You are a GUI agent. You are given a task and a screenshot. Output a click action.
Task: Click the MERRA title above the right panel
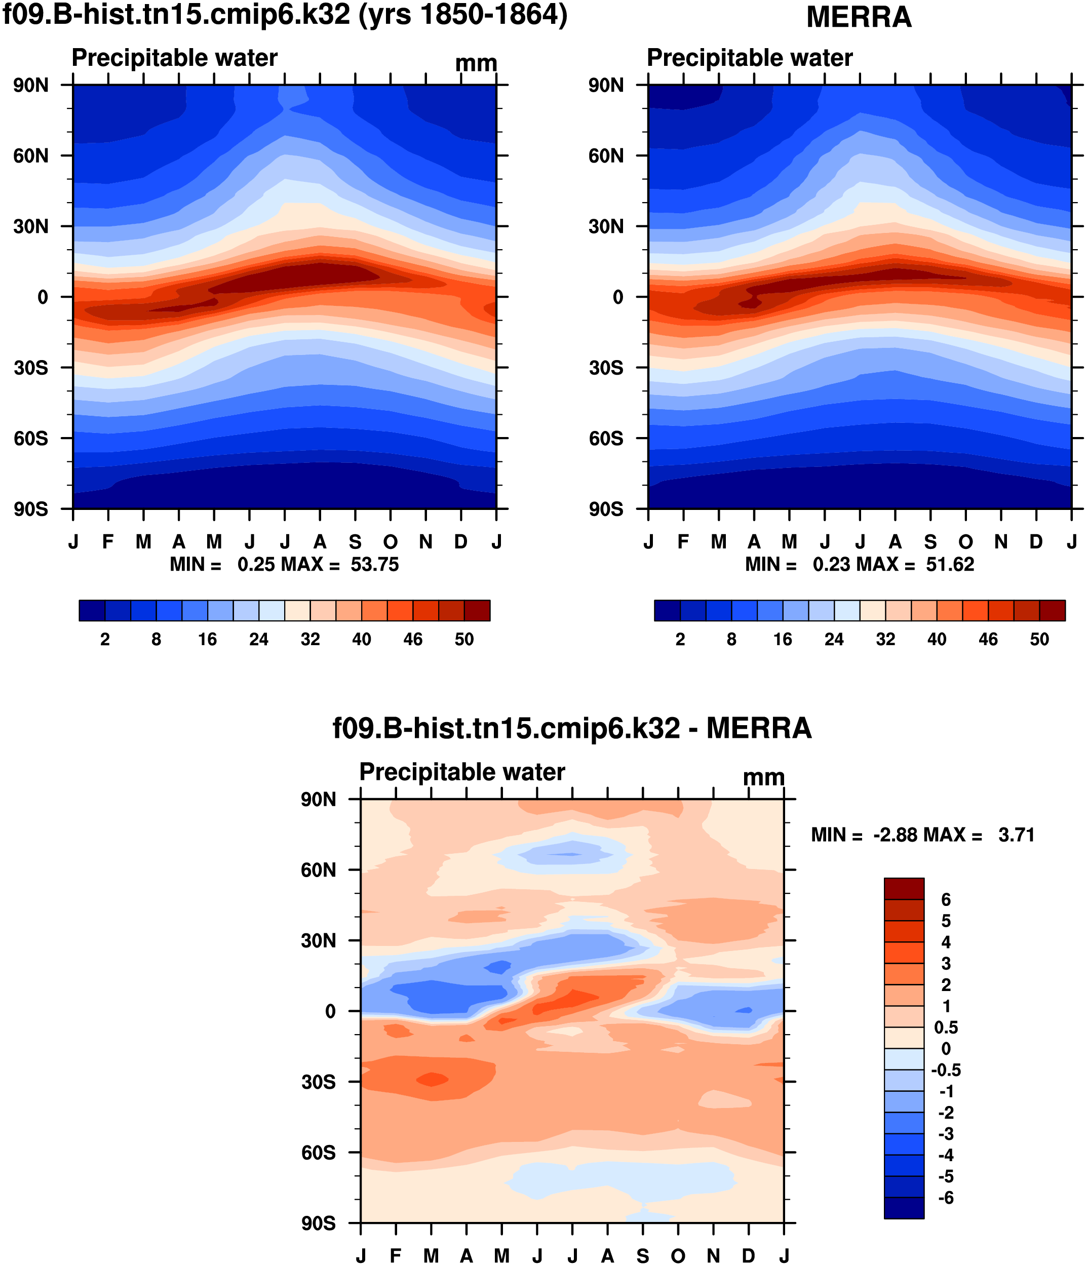point(859,17)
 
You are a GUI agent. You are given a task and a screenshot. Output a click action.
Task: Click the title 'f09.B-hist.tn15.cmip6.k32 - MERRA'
point(571,728)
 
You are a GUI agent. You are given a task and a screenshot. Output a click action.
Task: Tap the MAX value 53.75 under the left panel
point(374,564)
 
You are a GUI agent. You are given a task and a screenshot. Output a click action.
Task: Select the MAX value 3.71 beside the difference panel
point(1016,835)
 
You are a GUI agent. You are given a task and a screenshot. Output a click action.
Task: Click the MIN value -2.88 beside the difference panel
point(895,835)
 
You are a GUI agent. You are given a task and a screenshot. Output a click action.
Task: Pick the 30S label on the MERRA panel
point(606,368)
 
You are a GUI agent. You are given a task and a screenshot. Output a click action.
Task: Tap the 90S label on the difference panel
point(318,1223)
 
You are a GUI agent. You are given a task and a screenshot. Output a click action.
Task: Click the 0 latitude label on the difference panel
point(330,1011)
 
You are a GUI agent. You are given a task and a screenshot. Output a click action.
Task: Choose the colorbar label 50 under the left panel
point(464,639)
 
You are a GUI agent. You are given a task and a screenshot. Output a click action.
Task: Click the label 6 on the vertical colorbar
point(945,899)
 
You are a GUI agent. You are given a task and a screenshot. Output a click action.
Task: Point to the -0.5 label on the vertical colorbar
point(945,1070)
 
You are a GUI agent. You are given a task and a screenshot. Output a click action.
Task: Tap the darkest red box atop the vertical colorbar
point(904,888)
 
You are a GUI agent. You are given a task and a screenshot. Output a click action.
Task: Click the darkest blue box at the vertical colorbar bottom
point(904,1208)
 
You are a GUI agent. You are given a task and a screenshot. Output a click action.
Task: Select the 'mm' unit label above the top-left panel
point(476,63)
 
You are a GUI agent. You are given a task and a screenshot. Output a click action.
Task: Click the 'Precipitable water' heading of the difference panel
point(462,772)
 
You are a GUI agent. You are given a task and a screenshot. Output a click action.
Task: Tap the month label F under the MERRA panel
point(683,541)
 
